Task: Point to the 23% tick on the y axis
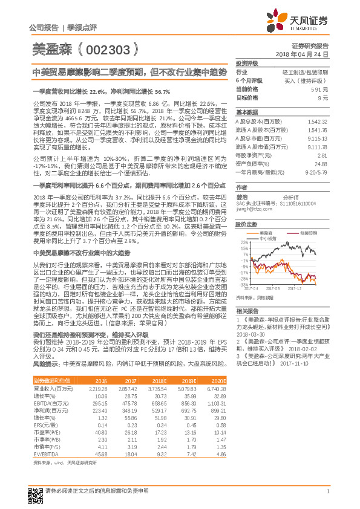pos(244,242)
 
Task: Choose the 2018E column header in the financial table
pos(160,380)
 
